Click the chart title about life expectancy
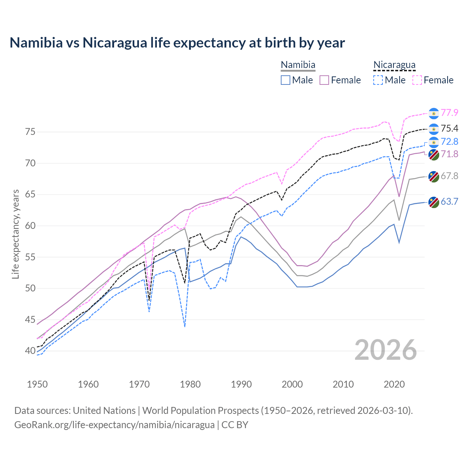click(177, 43)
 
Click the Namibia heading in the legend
click(298, 65)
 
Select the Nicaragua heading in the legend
click(394, 65)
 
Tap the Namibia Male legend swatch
click(286, 80)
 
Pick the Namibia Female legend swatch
click(324, 80)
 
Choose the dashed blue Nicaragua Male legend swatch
click(378, 80)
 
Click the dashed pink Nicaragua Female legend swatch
click(417, 80)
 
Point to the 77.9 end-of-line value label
click(449, 113)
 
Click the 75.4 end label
click(449, 128)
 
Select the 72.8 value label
click(449, 142)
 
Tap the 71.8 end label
click(449, 154)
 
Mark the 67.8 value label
click(449, 176)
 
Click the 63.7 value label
click(449, 202)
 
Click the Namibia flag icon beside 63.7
click(434, 202)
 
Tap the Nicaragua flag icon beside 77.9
click(434, 113)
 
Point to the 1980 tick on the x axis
click(190, 384)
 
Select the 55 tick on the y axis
click(30, 257)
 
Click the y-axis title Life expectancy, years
click(15, 234)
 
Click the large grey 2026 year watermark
click(385, 350)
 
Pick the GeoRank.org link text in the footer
click(114, 425)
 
